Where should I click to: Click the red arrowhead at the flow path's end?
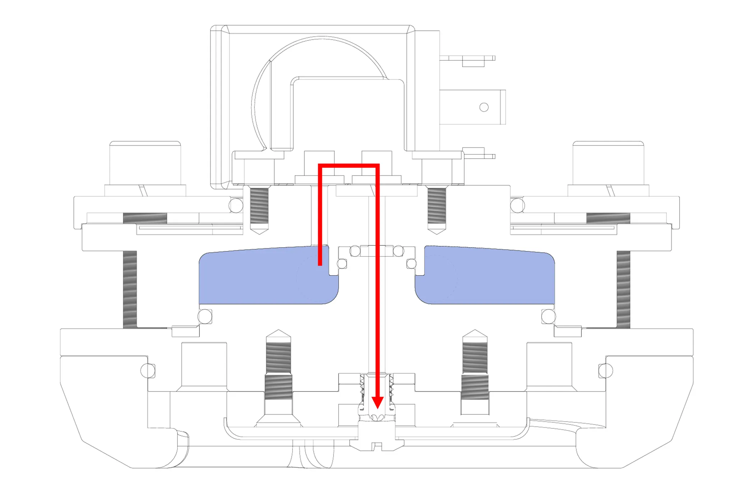377,402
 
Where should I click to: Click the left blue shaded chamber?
262,277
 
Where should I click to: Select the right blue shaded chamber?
489,277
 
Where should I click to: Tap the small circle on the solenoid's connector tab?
484,107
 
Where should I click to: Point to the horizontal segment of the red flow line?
349,165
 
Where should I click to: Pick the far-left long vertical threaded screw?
130,290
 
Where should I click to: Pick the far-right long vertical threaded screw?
623,290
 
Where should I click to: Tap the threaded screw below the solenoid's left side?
259,207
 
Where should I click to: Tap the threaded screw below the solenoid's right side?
437,207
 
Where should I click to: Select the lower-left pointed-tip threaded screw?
278,371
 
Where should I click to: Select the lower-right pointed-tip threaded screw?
475,371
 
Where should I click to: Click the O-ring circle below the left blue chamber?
205,317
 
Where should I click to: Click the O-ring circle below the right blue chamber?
548,317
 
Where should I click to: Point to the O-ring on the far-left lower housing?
148,371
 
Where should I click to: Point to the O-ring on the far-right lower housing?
606,371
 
